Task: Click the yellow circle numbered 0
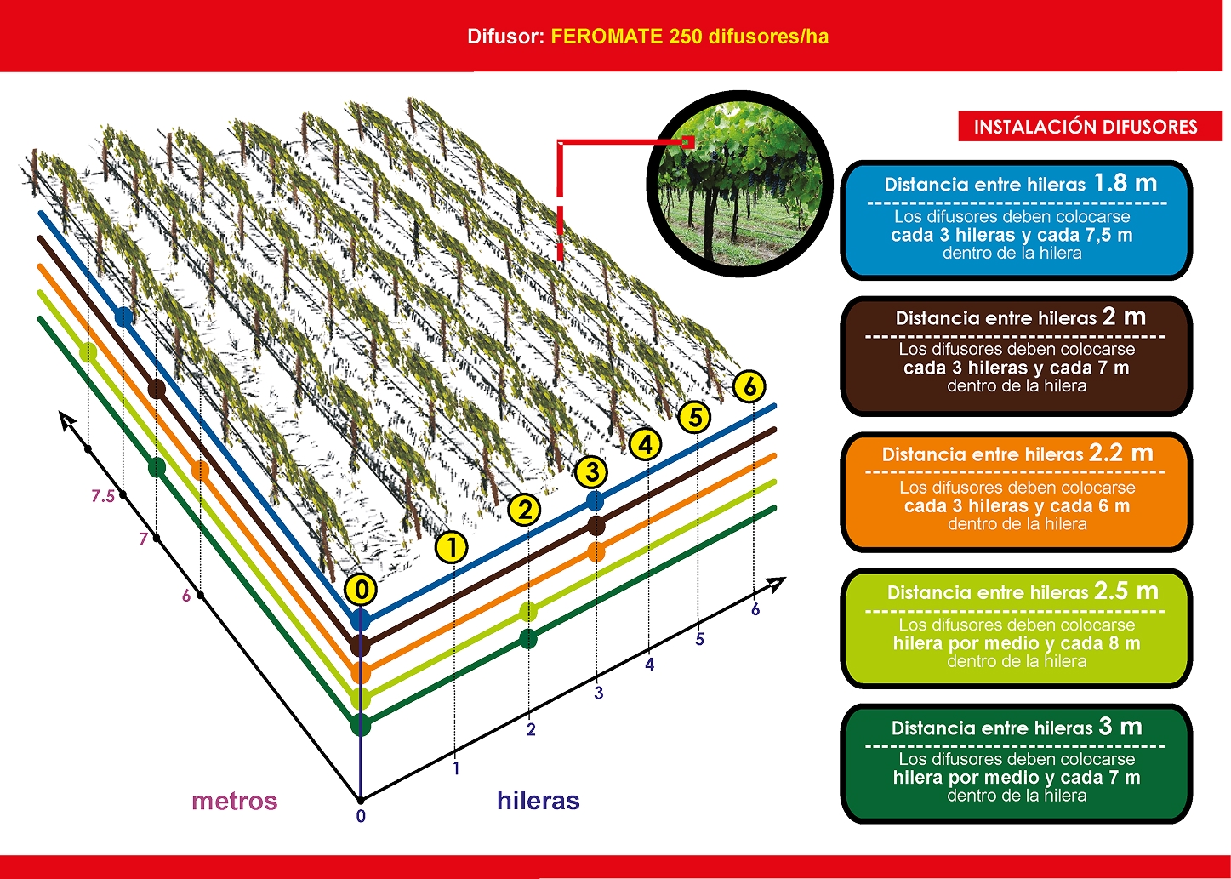coord(361,590)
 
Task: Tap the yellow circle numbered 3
coord(592,471)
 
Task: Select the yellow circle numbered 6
coord(749,386)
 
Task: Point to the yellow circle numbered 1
coord(451,547)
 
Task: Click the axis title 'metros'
coord(235,801)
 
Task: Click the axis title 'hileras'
coord(538,801)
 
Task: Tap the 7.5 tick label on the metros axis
coord(103,496)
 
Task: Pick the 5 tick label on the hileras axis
coord(699,639)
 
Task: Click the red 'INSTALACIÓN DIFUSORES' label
coord(1086,127)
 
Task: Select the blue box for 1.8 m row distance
coord(1016,220)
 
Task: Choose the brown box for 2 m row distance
coord(1016,356)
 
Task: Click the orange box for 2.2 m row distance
coord(1016,492)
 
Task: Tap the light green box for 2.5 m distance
coord(1016,628)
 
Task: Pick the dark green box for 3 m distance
coord(1016,763)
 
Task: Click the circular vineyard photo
coord(739,184)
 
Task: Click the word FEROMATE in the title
coord(607,37)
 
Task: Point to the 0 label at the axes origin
coord(361,816)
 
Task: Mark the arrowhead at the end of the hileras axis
coord(778,584)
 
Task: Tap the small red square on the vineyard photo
coord(687,142)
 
